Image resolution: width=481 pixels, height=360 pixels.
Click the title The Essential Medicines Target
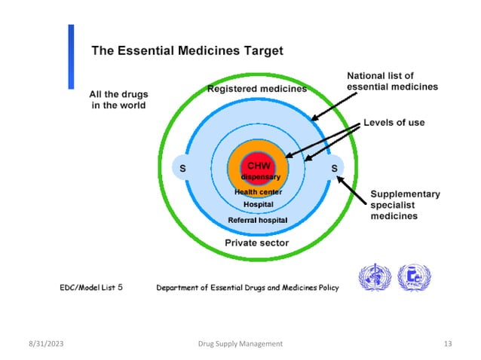point(187,51)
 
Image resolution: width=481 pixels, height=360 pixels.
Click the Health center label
point(258,192)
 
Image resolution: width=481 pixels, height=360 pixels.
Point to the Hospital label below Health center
point(258,204)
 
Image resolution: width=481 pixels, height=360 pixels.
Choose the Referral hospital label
point(258,220)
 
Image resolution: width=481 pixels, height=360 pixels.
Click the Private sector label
point(257,243)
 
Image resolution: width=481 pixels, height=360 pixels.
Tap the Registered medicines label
point(257,89)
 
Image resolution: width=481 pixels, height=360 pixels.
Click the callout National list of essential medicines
point(391,81)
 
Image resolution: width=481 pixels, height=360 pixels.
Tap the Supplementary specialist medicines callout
point(405,205)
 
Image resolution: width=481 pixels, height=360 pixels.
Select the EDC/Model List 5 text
point(97,287)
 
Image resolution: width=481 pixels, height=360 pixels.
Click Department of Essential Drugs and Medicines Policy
point(247,287)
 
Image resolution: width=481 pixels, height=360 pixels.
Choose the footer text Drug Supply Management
point(240,343)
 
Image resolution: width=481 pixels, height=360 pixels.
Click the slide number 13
point(448,343)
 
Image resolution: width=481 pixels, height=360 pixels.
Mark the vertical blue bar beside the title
point(72,56)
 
